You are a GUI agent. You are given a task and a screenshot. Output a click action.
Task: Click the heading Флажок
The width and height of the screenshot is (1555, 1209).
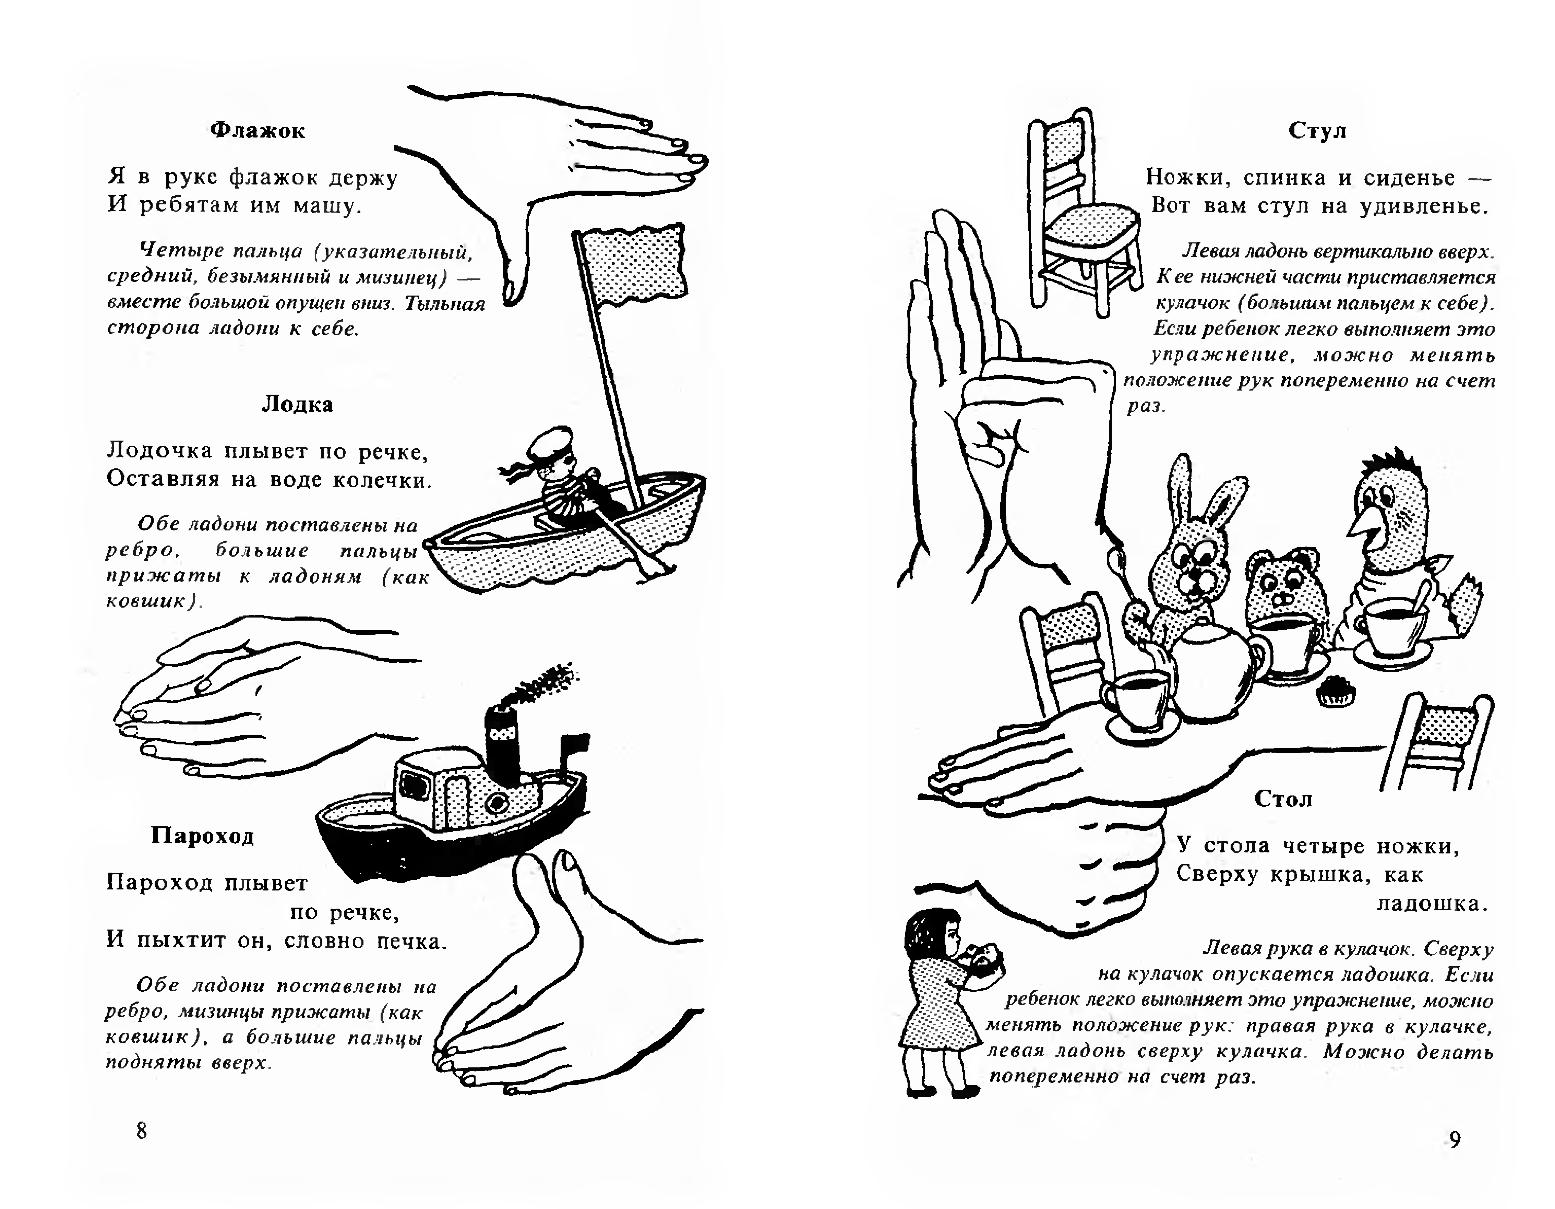tap(258, 131)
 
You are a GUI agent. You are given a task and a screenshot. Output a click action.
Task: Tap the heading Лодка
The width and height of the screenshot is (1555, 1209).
tap(298, 404)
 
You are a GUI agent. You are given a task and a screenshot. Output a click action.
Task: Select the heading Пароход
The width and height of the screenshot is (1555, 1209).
tap(203, 835)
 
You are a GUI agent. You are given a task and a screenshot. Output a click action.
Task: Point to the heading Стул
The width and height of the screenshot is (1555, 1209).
tap(1317, 131)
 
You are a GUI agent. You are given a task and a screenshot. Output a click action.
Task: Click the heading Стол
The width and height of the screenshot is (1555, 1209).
tap(1283, 799)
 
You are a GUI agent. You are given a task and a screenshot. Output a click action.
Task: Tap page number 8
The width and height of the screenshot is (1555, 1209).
tap(142, 1131)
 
